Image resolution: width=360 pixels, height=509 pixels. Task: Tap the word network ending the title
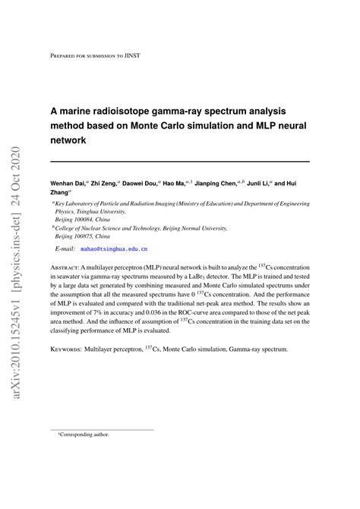(71, 141)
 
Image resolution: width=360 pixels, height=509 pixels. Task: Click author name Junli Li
(287, 184)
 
